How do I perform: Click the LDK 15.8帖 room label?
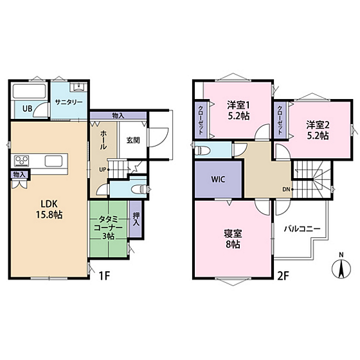click(x=49, y=209)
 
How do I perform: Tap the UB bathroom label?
click(x=27, y=109)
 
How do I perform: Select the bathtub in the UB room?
click(x=29, y=91)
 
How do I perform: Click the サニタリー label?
click(x=69, y=102)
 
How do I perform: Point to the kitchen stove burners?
click(x=22, y=160)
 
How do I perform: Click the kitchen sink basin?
click(x=53, y=161)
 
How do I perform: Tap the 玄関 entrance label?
click(x=133, y=140)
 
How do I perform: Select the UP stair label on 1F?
click(x=102, y=170)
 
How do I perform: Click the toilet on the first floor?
click(x=138, y=189)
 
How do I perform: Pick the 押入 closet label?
click(x=136, y=219)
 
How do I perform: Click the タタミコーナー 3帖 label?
click(x=108, y=228)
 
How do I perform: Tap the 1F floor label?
click(x=104, y=276)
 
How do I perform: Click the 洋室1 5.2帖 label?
click(x=239, y=111)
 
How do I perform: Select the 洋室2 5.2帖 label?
click(x=318, y=130)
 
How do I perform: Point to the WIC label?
click(x=218, y=179)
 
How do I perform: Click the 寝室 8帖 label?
click(x=233, y=239)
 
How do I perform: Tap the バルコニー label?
click(x=302, y=229)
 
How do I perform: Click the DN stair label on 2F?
click(x=286, y=190)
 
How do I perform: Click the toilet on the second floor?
click(x=202, y=151)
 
